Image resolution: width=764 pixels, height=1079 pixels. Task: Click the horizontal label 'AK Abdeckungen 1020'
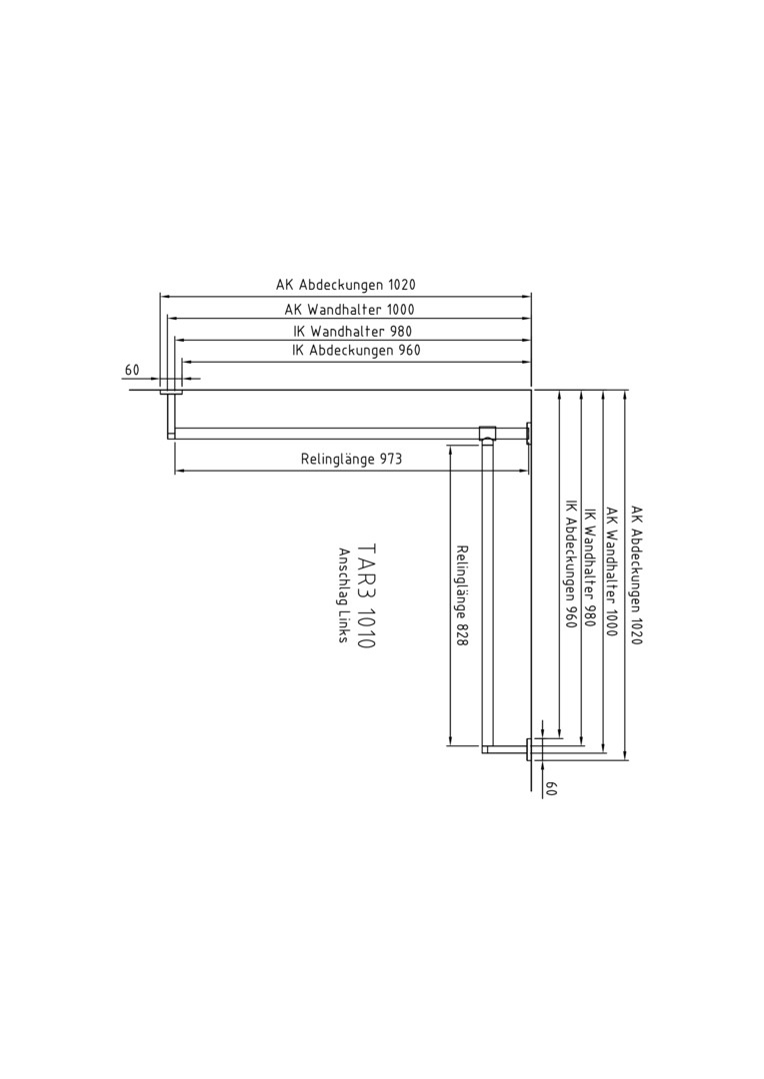(x=346, y=284)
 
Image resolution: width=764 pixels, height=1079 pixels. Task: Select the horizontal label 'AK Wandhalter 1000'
(x=349, y=310)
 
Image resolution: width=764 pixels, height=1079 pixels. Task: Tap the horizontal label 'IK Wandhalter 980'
(x=353, y=331)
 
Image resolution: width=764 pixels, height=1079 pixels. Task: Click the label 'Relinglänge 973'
(x=351, y=459)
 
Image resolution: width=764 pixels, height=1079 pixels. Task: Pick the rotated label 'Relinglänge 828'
(x=462, y=595)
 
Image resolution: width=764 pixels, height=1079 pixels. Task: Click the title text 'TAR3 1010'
(x=367, y=596)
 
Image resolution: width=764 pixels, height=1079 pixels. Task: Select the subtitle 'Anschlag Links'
(x=343, y=595)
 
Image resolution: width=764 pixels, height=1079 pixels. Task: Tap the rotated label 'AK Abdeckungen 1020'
(x=636, y=576)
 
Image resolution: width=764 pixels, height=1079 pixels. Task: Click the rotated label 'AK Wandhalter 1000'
(x=611, y=571)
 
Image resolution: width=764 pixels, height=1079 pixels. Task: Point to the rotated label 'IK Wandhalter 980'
(x=589, y=567)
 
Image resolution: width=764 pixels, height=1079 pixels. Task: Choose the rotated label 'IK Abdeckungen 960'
(x=570, y=572)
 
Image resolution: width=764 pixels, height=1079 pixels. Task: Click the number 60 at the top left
(x=132, y=371)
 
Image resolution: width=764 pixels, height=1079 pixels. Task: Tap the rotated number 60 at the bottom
(x=550, y=788)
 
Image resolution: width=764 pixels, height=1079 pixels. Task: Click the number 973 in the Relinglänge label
(x=390, y=459)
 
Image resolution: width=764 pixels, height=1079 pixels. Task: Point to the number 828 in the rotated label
(x=462, y=634)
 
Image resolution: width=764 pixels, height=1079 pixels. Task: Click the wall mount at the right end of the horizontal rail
(x=528, y=434)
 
